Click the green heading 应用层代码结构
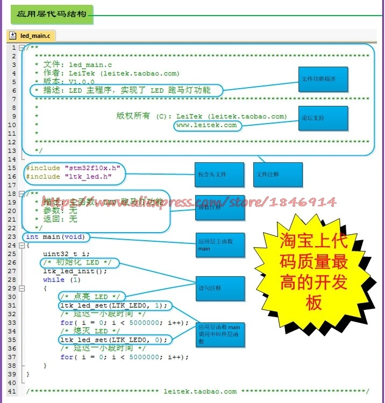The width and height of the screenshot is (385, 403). (52, 13)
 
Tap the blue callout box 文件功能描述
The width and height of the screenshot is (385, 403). (323, 80)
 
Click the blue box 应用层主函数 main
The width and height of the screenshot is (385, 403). (219, 245)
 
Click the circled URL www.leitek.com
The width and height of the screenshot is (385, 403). (206, 125)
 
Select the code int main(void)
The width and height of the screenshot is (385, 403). (55, 237)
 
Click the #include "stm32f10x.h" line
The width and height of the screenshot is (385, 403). (73, 168)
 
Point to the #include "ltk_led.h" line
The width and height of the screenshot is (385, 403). (69, 177)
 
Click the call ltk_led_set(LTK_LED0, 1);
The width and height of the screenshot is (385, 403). (113, 306)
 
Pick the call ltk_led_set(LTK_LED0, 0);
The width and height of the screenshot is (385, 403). (113, 340)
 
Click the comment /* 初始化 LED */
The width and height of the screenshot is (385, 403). (77, 263)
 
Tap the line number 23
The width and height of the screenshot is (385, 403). (12, 237)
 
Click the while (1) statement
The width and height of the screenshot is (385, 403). (61, 280)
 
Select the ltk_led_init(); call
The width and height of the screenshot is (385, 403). (75, 271)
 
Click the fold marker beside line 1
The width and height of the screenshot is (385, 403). (22, 48)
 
